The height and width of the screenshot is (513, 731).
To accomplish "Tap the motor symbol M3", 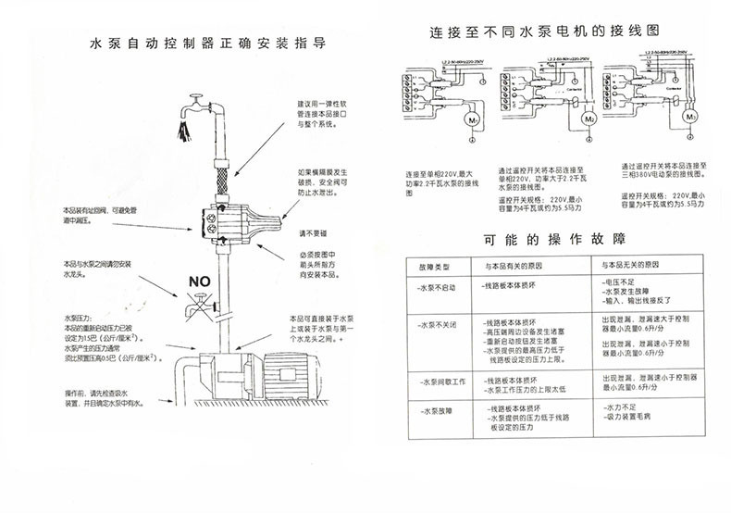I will coord(689,119).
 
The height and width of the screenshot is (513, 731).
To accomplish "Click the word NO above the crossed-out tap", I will coord(200,281).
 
